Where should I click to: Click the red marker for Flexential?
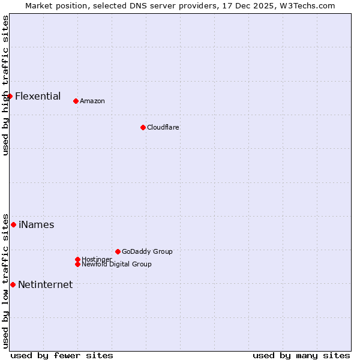[10, 96]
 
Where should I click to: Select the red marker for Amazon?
[76, 101]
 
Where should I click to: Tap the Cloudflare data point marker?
[143, 127]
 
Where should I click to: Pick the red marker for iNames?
[13, 224]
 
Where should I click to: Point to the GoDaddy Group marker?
[118, 251]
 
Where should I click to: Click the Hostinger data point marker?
[77, 259]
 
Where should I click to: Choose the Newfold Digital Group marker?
[77, 264]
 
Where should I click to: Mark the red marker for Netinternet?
[13, 284]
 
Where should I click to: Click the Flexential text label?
[38, 96]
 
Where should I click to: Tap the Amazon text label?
[92, 101]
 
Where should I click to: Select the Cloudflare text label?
[163, 127]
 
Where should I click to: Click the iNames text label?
[37, 225]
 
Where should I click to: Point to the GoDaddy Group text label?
[147, 251]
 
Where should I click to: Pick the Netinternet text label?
[46, 285]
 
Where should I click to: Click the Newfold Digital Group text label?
[116, 264]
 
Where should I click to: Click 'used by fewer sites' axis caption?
[62, 355]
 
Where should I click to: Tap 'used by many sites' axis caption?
[301, 355]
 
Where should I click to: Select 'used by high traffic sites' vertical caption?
[5, 85]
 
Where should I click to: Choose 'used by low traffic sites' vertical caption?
[5, 280]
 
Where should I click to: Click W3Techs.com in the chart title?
[308, 5]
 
